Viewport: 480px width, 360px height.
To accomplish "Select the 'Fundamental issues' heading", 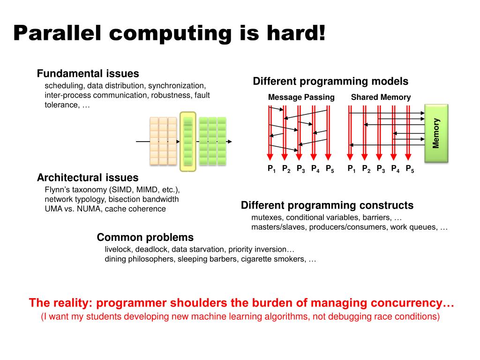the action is (88, 74).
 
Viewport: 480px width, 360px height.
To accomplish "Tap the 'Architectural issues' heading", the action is (88, 178).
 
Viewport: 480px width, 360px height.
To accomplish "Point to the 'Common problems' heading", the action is (145, 237).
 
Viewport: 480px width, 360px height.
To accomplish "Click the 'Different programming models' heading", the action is (330, 81).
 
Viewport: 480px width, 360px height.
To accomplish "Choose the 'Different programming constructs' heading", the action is (327, 205).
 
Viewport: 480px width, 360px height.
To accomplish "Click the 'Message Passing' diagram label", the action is (301, 97).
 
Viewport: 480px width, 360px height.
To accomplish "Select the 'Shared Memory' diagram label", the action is (381, 97).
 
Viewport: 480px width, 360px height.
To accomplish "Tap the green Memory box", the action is (436, 133).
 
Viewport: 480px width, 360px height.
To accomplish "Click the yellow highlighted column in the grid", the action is (187, 141).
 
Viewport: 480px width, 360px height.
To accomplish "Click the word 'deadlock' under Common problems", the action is (150, 249).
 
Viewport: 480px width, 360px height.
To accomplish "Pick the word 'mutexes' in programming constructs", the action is (267, 217).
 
